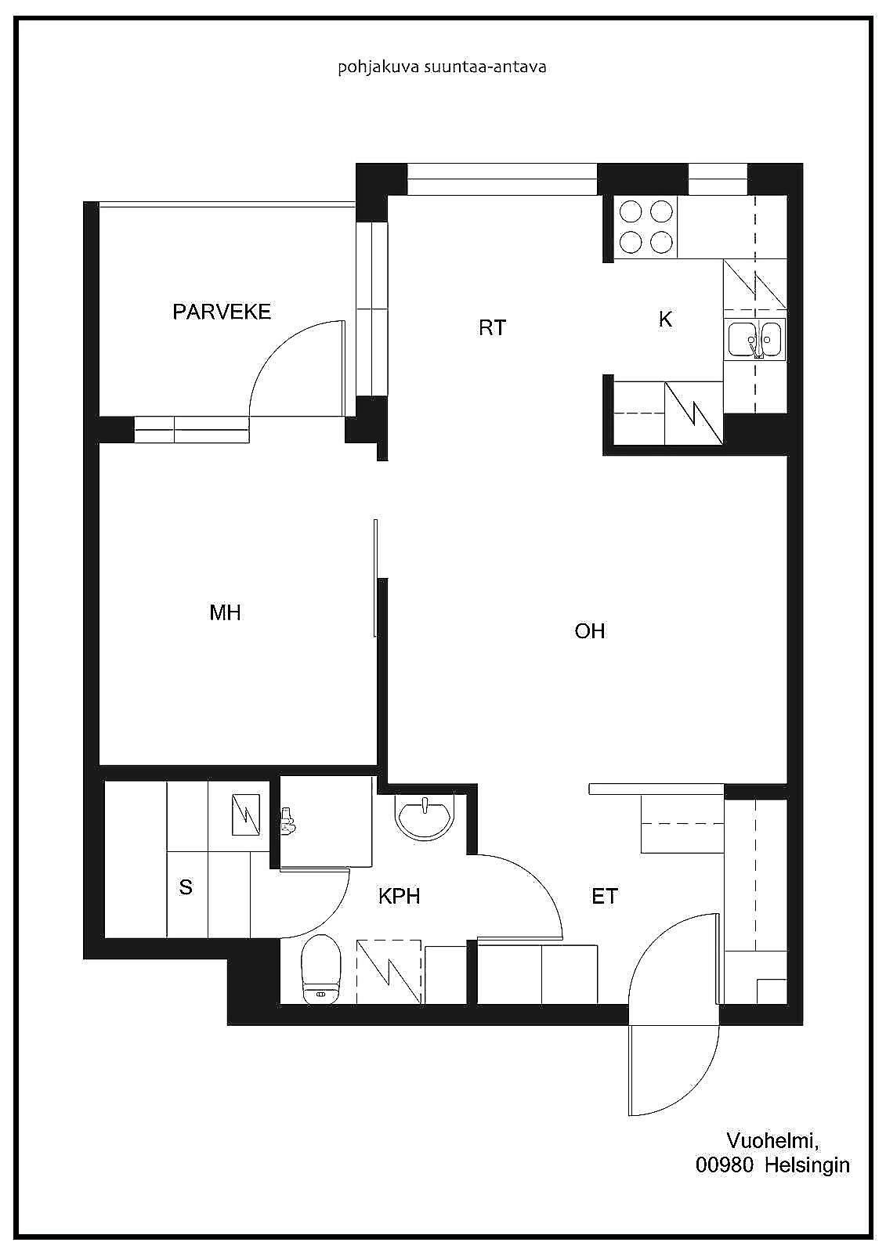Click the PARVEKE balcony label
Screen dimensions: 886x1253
[x=222, y=312]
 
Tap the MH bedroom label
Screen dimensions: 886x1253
[x=225, y=613]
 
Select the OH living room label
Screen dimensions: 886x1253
[x=590, y=631]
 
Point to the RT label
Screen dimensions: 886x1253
[x=493, y=327]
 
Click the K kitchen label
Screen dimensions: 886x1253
[x=666, y=319]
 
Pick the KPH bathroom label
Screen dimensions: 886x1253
[x=399, y=896]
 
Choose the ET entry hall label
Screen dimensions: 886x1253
[x=605, y=896]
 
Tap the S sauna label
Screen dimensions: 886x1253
[x=186, y=887]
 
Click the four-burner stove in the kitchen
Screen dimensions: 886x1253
[x=646, y=227]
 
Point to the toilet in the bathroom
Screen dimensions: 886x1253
[x=320, y=969]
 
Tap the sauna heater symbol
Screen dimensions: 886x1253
[x=246, y=814]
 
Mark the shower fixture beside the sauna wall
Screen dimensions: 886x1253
[x=287, y=821]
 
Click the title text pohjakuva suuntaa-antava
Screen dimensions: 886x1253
[x=442, y=67]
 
